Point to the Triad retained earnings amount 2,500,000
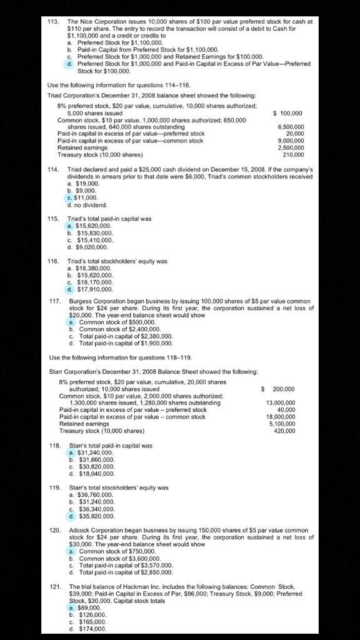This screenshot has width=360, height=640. tap(291, 147)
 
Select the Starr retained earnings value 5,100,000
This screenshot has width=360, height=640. tap(282, 424)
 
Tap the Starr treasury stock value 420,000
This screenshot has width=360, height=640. tap(284, 431)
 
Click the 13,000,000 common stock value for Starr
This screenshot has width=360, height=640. tap(281, 403)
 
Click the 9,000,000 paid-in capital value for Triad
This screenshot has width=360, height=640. tap(291, 141)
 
